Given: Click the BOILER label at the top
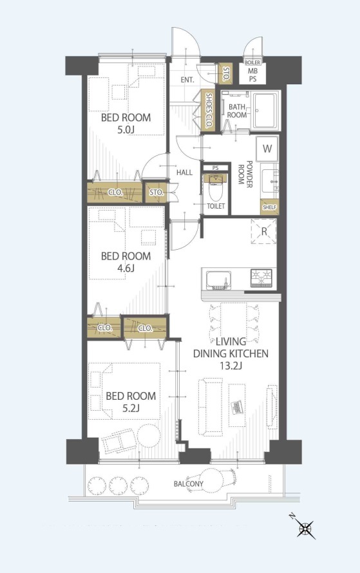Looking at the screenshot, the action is pos(252,62).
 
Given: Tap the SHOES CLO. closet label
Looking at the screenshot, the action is pos(209,110).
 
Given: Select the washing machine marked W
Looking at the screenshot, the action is pos(267,149).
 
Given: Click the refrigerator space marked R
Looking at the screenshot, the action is pos(264,231).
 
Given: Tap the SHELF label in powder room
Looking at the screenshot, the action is pos(269,207).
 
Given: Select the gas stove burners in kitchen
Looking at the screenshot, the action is pos(261,277).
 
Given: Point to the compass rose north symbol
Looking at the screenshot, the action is pos(305,528).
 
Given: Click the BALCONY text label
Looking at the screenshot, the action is pos(188,484).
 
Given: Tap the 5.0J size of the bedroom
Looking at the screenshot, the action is pos(126,130).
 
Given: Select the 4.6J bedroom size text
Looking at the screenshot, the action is pos(126,268).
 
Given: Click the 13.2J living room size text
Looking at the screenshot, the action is pos(231,366).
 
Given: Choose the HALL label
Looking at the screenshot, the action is pos(185,173).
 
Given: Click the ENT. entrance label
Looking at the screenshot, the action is pos(187,80).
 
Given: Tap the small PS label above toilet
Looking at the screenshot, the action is pos(215,168).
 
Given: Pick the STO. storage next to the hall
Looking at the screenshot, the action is pos(156,193).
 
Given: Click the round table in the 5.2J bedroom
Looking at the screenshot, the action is pos(149,435).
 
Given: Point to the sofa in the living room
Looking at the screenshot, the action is pos(210,407).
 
